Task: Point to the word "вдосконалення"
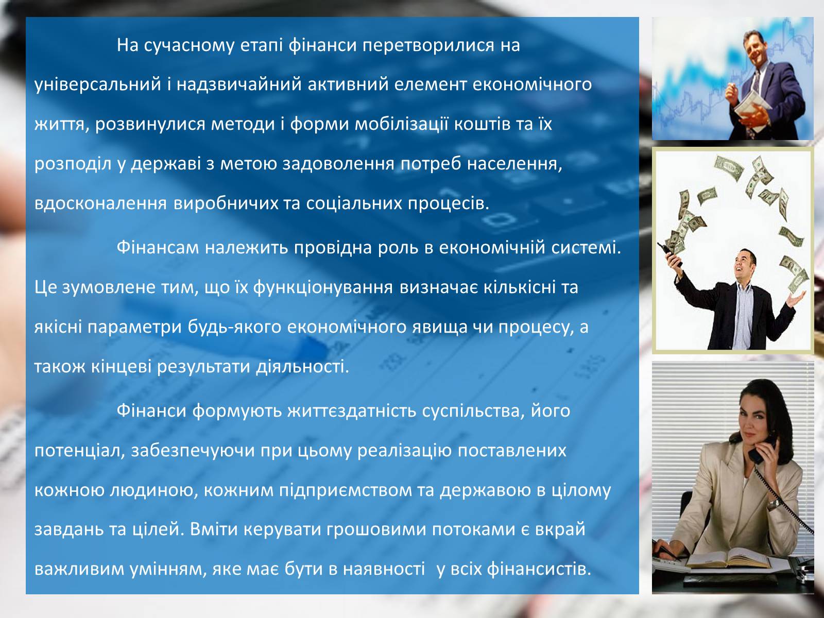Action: (x=100, y=203)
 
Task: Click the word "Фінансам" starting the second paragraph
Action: (x=158, y=248)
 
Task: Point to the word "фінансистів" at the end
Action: (x=539, y=569)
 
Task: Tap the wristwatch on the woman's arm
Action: (x=774, y=503)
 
